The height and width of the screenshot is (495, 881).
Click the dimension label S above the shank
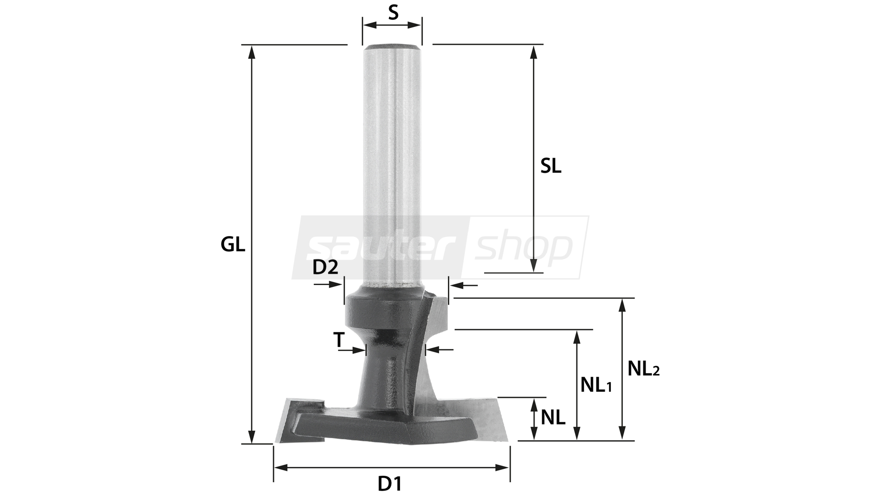coord(393,12)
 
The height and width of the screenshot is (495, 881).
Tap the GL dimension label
coord(233,245)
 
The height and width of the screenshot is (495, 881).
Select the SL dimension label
coord(551,167)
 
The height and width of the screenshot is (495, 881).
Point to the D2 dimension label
coord(325,267)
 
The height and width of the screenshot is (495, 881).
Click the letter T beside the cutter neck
coord(339,340)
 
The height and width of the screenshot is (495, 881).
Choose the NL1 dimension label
coord(596,385)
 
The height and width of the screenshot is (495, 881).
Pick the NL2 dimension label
coord(643,368)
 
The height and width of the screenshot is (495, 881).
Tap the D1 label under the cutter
coord(390,484)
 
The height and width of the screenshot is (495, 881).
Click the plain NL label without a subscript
coord(553,418)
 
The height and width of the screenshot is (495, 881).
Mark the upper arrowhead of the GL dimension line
coord(251,53)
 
